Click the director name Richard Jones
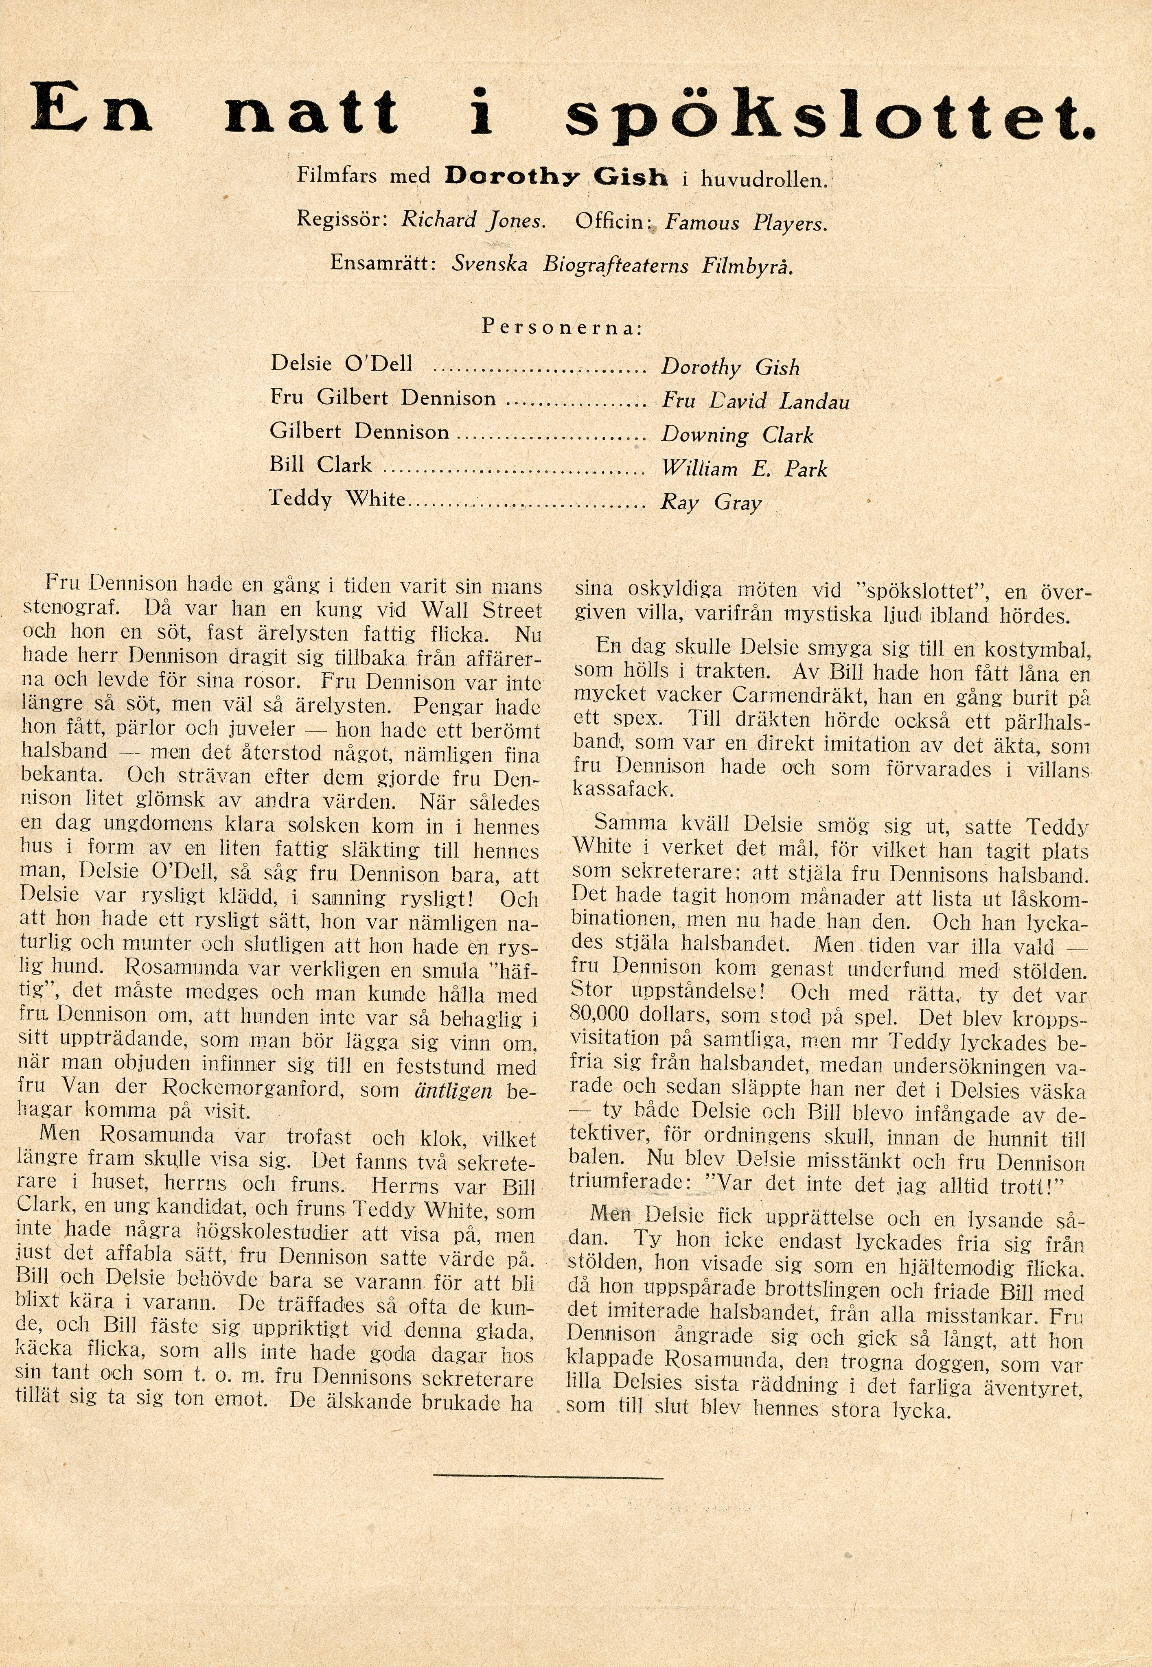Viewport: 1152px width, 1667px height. (x=473, y=220)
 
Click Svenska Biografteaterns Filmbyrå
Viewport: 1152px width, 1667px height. (x=622, y=266)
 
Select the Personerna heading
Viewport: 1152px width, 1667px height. (x=562, y=327)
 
